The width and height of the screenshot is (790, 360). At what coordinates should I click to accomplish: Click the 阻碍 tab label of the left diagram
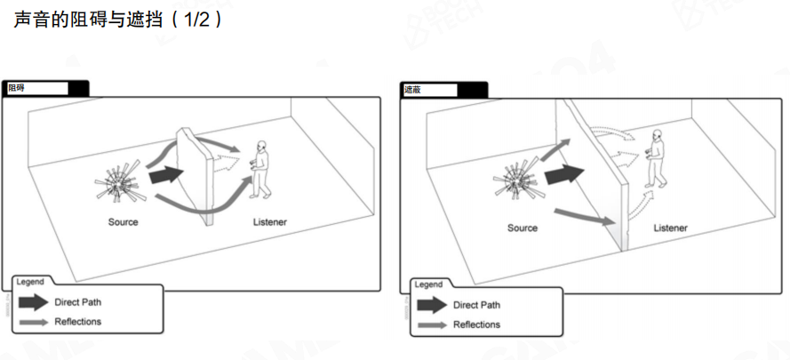(16, 88)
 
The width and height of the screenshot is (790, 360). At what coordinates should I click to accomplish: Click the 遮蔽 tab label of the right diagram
(413, 91)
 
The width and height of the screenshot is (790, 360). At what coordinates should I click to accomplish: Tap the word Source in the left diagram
(123, 222)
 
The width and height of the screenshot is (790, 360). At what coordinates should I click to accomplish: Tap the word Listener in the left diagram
(269, 222)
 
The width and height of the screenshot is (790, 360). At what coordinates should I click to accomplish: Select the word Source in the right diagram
(523, 228)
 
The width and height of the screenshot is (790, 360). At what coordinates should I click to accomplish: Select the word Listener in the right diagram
(671, 228)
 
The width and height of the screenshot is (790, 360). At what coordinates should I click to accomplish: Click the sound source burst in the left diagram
(119, 182)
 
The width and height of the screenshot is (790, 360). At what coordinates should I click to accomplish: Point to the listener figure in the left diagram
(260, 169)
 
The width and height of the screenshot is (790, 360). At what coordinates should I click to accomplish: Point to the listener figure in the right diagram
(656, 158)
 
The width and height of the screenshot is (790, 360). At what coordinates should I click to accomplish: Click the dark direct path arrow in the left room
(166, 174)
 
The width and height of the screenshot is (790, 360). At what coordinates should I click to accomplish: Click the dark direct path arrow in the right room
(564, 174)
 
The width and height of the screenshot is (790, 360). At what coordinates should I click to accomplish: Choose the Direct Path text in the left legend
(77, 302)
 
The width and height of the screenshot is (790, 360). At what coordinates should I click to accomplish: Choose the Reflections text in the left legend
(77, 322)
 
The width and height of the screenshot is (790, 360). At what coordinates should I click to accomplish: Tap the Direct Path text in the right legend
(476, 305)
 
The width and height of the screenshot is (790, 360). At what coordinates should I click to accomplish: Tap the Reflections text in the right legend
(476, 324)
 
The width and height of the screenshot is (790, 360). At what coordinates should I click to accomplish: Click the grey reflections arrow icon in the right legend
(432, 325)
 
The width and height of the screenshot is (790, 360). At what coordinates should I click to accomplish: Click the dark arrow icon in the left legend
(33, 302)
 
